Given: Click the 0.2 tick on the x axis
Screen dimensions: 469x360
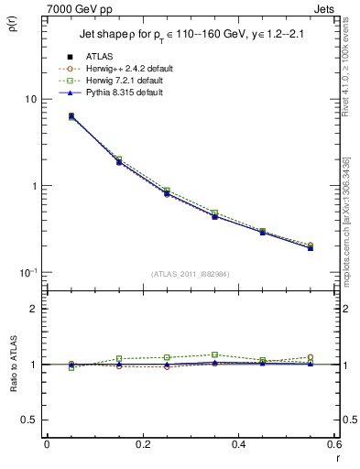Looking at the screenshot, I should [x=142, y=444].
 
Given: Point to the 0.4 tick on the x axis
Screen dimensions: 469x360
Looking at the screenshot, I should [x=239, y=444].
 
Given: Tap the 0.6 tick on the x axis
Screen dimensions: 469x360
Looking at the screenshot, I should [x=333, y=444].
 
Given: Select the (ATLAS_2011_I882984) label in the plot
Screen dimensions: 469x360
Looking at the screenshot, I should [x=190, y=273].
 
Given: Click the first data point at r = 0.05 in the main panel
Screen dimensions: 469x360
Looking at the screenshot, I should [x=71, y=116].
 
